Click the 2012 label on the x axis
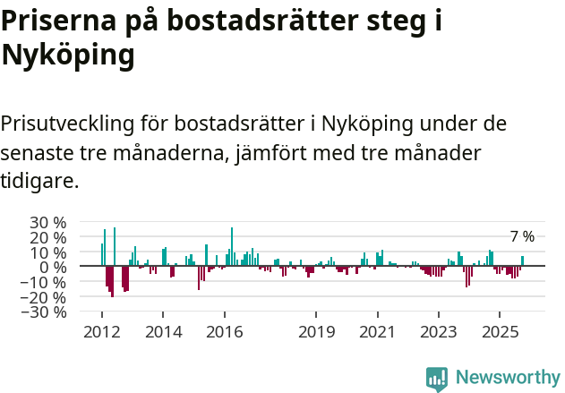101,331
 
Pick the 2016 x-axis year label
224,331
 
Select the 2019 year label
315,331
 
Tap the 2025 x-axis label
499,331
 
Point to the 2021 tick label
377,331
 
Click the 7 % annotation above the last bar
522,237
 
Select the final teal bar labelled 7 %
523,261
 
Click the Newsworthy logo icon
437,379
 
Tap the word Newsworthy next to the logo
507,378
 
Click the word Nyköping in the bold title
68,56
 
